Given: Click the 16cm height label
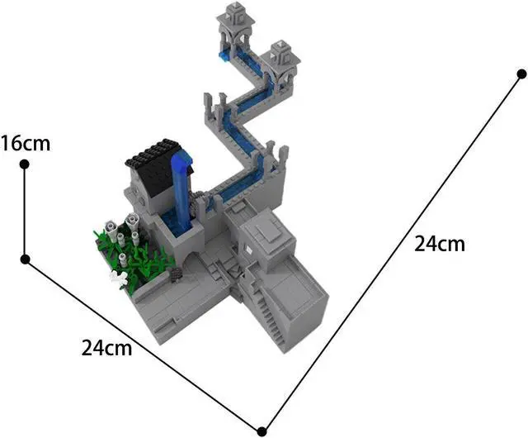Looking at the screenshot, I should point(26,143).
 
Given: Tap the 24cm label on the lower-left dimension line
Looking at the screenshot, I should point(106,347).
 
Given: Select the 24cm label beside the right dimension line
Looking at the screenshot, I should point(439,244).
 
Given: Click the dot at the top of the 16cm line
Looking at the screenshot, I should point(25,164).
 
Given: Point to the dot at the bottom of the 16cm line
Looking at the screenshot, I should point(26,259).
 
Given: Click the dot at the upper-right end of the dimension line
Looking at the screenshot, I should point(521,74).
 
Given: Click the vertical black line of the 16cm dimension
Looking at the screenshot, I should point(25,212).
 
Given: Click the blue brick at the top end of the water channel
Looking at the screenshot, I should point(224,55).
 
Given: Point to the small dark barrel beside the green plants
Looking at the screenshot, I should point(175,272).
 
